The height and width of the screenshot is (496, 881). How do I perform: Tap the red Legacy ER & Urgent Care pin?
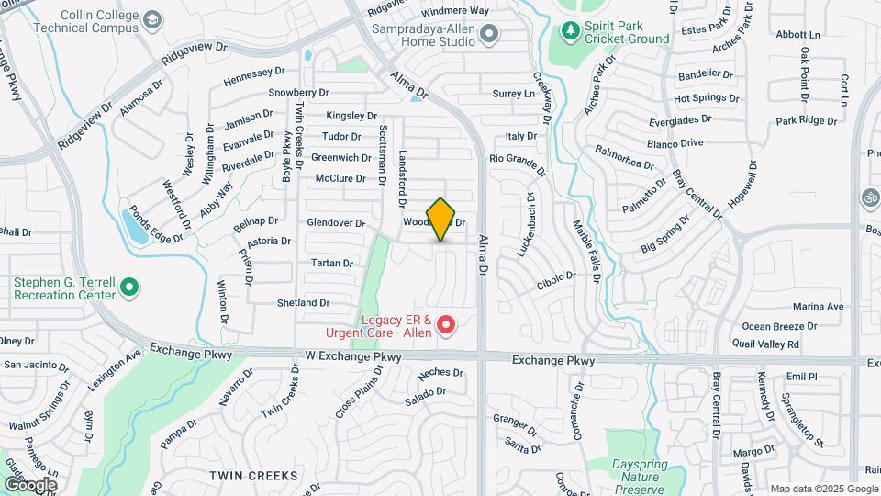coord(446,324)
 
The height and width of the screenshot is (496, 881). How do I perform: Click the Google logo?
coord(30,484)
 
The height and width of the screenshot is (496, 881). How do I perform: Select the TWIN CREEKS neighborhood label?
coord(253,476)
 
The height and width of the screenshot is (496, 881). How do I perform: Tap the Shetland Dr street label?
coord(303,302)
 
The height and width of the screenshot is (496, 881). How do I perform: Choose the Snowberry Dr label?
coord(298,93)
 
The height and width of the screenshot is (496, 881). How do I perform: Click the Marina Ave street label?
coord(818,307)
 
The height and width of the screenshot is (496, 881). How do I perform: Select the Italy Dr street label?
coord(520,136)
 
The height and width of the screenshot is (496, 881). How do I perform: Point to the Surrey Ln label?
coord(513,94)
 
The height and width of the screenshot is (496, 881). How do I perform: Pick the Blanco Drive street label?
coord(675,142)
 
